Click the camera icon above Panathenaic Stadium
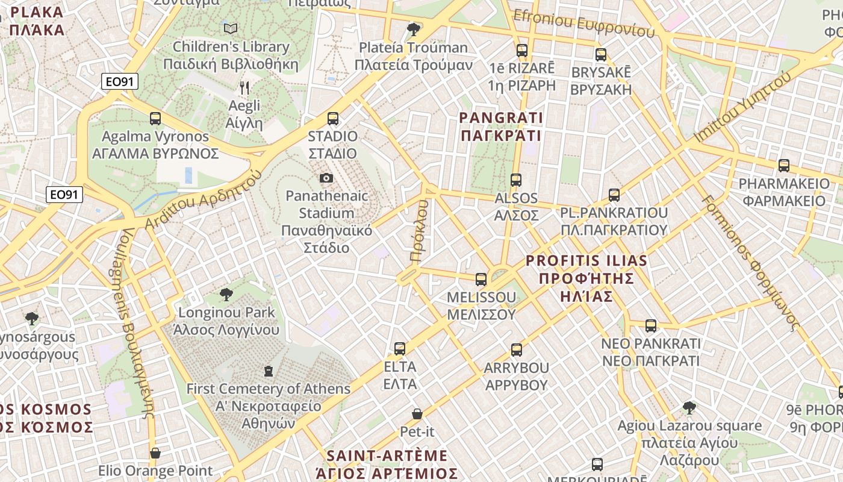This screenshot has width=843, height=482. tap(326, 178)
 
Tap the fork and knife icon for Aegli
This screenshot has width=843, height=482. tap(244, 88)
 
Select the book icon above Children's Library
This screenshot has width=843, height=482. tap(231, 28)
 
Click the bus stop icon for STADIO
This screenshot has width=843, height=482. tap(333, 119)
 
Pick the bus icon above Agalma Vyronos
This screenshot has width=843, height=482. tap(155, 119)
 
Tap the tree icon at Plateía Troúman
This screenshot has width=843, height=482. tap(414, 29)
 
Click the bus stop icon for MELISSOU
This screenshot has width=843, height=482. tap(481, 280)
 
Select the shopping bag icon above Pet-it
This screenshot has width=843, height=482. tap(417, 414)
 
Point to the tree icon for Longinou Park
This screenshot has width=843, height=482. tap(226, 295)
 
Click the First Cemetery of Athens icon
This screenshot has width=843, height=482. tap(269, 371)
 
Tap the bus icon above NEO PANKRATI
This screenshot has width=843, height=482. tap(651, 326)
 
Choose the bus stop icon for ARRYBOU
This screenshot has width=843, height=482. tap(517, 350)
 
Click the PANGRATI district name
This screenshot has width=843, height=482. tap(501, 127)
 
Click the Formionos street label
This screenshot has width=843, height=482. tap(753, 262)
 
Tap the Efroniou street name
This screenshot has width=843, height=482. tap(583, 22)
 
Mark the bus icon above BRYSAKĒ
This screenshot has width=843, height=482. tap(601, 55)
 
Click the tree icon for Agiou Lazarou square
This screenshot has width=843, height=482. tap(689, 408)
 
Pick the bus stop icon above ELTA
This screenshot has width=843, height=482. tap(400, 349)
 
